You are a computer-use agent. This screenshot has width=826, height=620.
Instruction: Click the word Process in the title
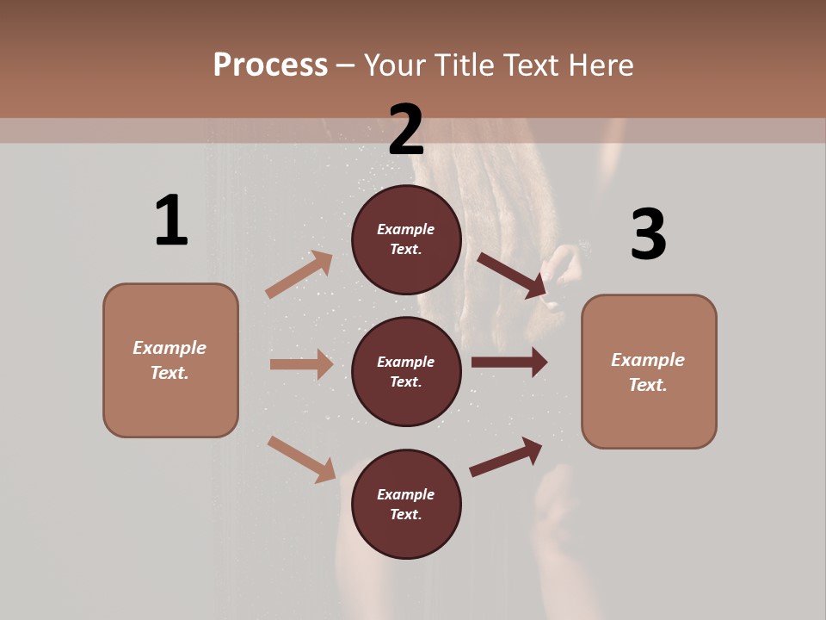[270, 65]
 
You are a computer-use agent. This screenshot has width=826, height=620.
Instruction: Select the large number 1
[171, 221]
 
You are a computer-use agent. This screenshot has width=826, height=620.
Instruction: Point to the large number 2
[406, 130]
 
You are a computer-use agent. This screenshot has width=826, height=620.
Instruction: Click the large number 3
[648, 234]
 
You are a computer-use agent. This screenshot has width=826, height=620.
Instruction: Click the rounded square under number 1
[170, 360]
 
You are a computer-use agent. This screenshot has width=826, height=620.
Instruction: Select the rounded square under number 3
[649, 371]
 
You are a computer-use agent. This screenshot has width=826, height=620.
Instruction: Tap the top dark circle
[406, 239]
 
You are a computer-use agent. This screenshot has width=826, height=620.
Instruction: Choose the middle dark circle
[406, 371]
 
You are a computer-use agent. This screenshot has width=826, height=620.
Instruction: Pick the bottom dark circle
[406, 504]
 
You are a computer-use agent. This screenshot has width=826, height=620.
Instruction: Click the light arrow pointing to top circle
[299, 275]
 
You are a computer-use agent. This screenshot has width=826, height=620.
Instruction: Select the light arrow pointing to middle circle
[301, 364]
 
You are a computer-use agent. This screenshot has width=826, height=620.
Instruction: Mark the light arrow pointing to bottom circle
[302, 459]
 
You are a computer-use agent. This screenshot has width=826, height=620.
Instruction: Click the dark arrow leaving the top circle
[512, 276]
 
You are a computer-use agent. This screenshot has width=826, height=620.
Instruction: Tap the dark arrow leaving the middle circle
[509, 363]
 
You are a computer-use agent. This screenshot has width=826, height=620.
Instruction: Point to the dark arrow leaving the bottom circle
[506, 457]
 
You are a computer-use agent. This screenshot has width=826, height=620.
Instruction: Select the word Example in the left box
[170, 348]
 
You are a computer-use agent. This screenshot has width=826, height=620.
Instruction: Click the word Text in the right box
[647, 385]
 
